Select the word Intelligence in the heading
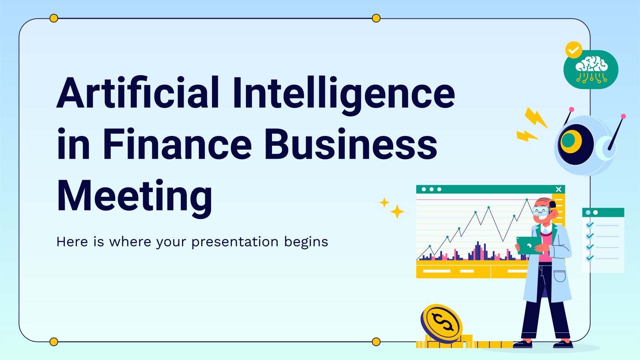(x=344, y=96)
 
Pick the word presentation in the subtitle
(x=235, y=242)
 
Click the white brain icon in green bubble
(x=592, y=70)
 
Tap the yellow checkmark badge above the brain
(x=574, y=50)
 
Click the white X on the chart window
(x=559, y=189)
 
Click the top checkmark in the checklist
(x=590, y=225)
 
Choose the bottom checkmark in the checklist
(x=590, y=258)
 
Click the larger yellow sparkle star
(x=397, y=212)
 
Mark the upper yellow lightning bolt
(x=536, y=118)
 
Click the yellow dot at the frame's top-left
(x=54, y=18)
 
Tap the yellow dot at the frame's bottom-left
(x=54, y=342)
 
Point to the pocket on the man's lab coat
(x=560, y=276)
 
